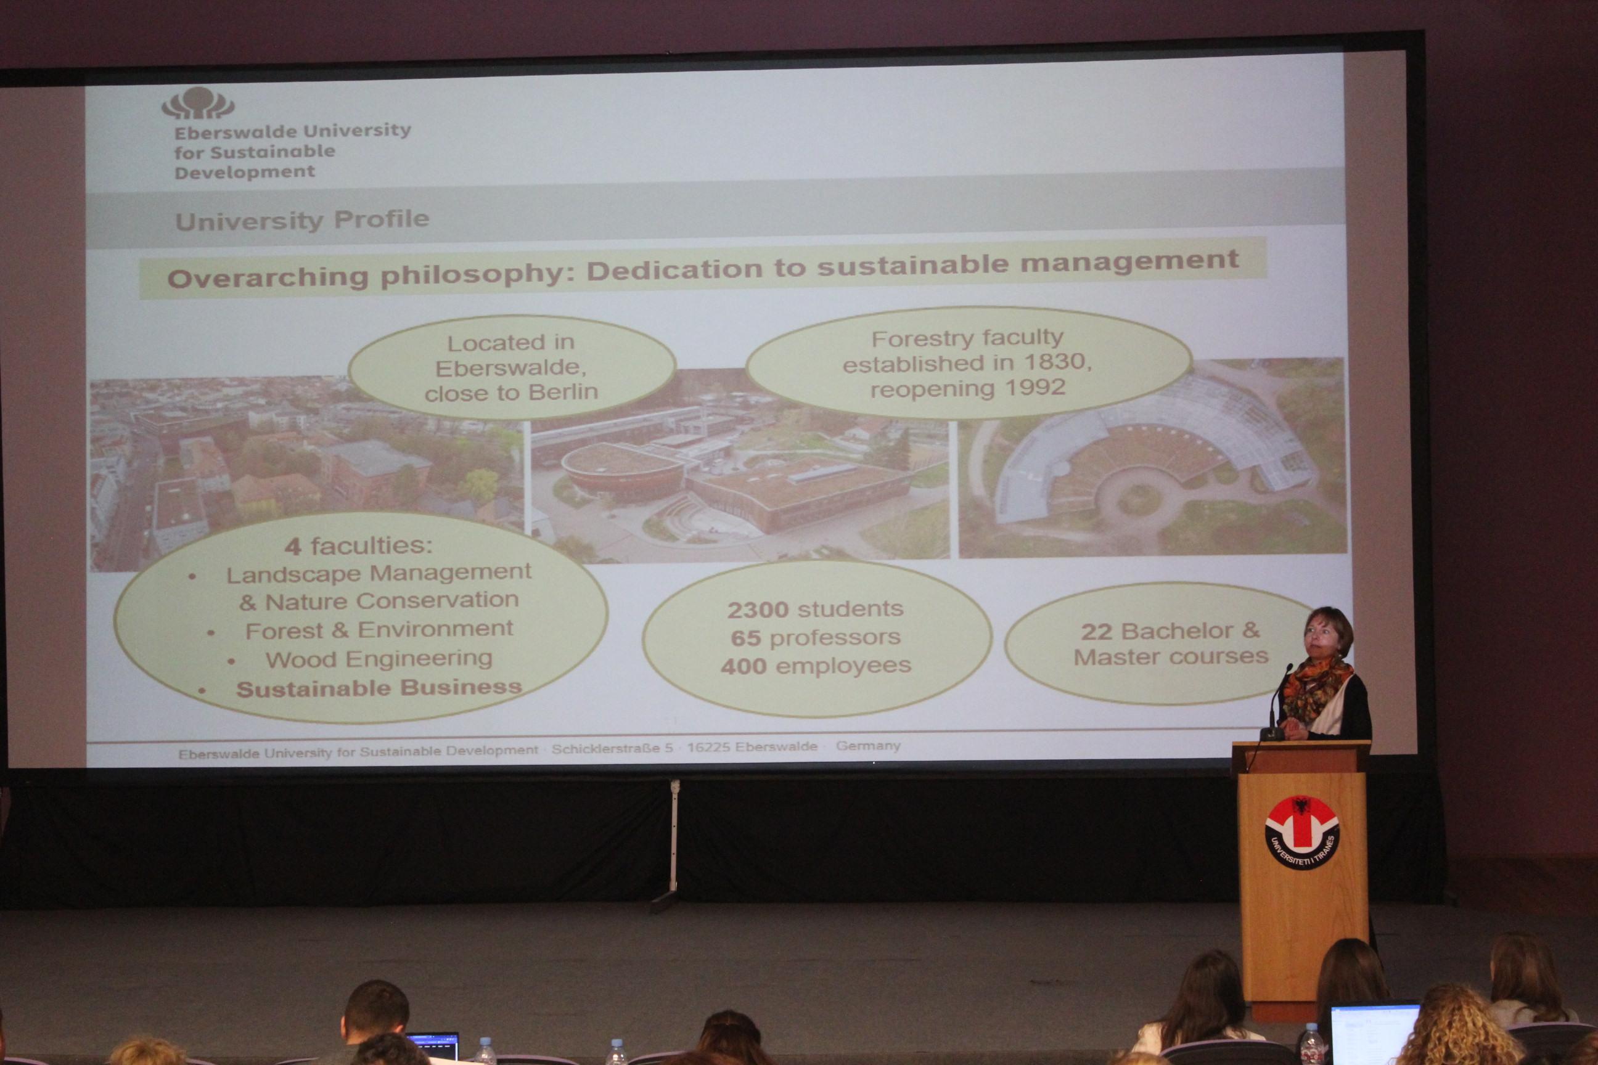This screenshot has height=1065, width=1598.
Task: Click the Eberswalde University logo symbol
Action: point(198,104)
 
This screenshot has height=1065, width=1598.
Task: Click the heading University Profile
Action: point(302,220)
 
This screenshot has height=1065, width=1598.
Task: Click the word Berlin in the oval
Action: point(563,392)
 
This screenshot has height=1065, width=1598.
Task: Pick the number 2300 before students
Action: point(758,610)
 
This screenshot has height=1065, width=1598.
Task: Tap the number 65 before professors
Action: point(745,639)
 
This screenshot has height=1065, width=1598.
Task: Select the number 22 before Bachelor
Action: point(1097,632)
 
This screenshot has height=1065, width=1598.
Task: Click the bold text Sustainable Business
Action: point(379,688)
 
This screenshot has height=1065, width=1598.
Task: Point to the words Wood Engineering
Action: point(379,659)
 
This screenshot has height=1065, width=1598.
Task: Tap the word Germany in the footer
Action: point(868,746)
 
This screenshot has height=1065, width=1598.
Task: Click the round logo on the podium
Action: point(1302,833)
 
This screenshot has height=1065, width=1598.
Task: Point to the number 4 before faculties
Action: point(293,546)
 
